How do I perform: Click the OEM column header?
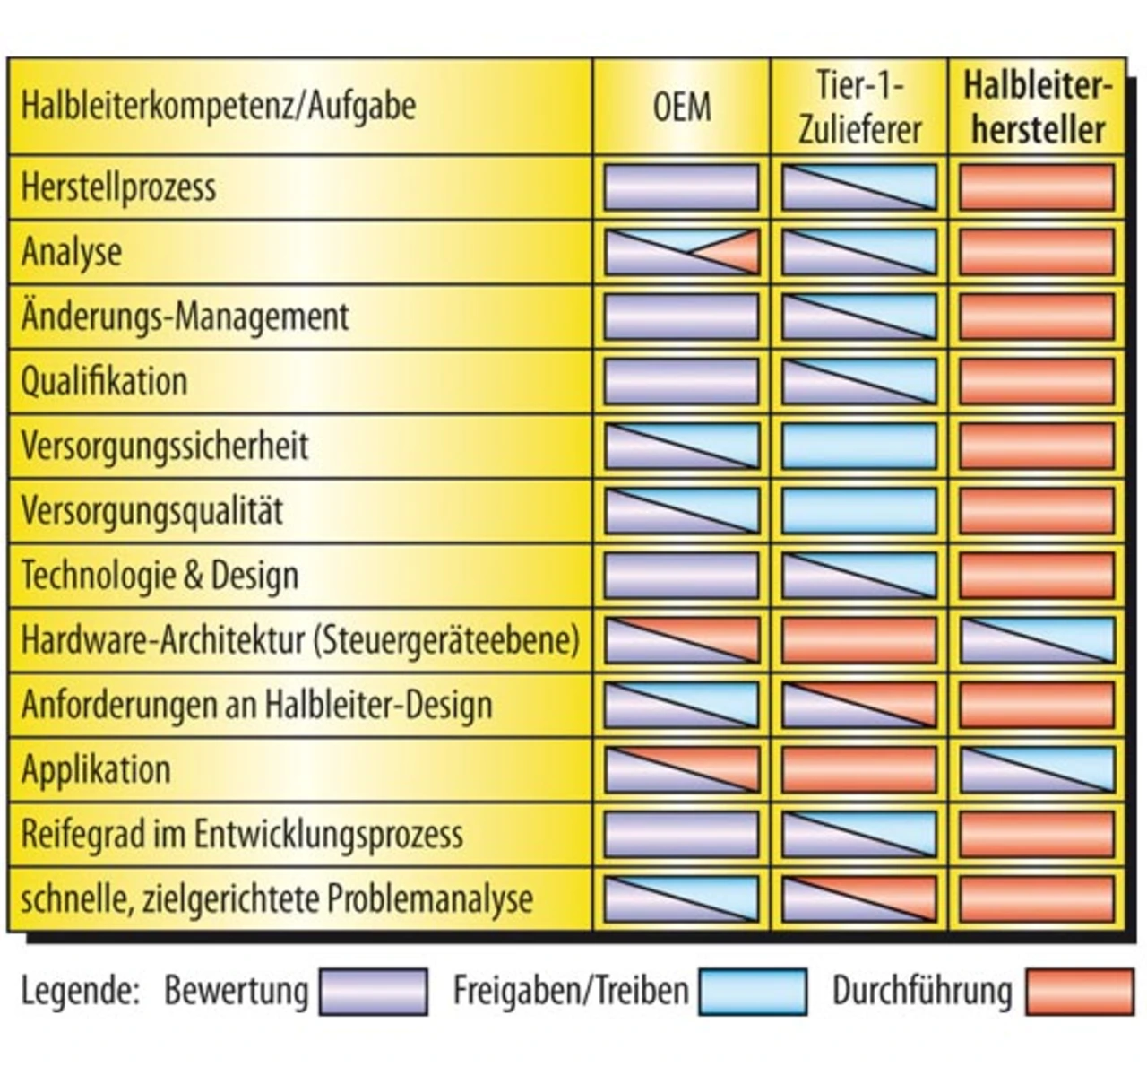(682, 108)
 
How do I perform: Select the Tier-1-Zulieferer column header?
(859, 108)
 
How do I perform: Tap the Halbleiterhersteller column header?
(1037, 108)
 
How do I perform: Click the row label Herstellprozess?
(118, 187)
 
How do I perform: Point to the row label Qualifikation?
(104, 381)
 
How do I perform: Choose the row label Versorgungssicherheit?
(165, 446)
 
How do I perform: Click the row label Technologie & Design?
(160, 575)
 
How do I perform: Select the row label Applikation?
(96, 769)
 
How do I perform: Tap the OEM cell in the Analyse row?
(682, 252)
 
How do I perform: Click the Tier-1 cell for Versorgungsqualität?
(859, 510)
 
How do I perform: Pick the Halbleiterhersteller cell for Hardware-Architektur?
(1037, 640)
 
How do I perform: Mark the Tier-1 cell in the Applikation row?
(859, 769)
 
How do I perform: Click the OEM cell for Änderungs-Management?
(682, 317)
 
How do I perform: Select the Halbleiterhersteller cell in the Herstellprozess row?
(1037, 187)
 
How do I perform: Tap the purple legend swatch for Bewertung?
(374, 992)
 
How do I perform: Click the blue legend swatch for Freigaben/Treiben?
(753, 992)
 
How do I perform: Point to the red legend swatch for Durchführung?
(1080, 992)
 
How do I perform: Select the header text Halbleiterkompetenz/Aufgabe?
(219, 106)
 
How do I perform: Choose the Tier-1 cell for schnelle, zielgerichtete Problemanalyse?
(859, 898)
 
